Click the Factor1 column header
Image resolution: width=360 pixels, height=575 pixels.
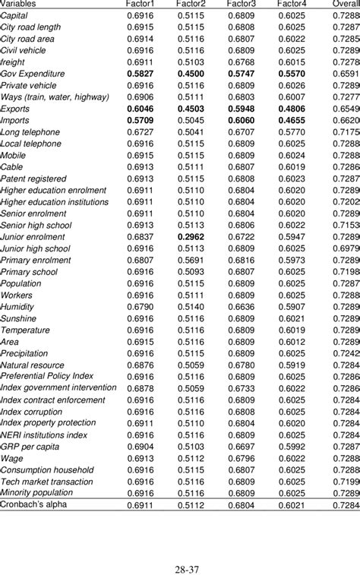tap(140, 5)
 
